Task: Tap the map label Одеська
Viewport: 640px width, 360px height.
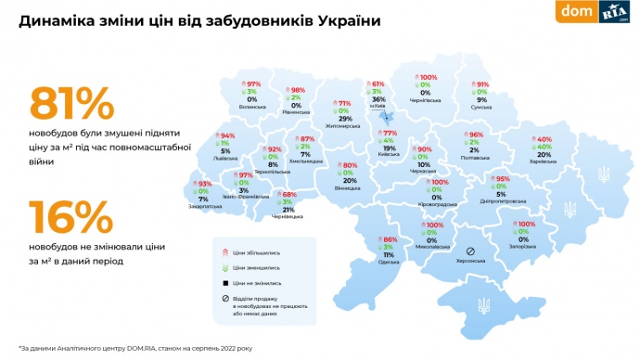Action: click(x=390, y=261)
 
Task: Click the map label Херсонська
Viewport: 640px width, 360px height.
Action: click(x=470, y=264)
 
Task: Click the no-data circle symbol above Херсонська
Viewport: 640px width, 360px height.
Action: click(x=470, y=251)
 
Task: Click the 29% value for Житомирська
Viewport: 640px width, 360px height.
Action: click(x=344, y=120)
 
